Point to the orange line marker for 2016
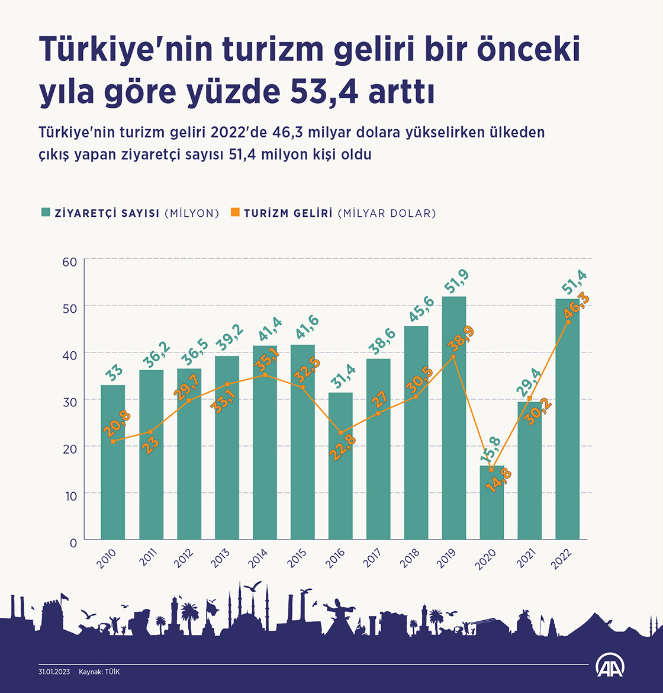coord(340,433)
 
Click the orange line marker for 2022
coord(568,322)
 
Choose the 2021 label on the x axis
coord(526,558)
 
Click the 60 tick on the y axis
coord(70,261)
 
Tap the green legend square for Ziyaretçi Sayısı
coord(45,213)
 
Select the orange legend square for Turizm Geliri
coord(235,213)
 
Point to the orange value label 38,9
coord(461,339)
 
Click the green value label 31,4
coord(343,377)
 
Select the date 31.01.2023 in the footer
coord(54,672)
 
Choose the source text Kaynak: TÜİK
coord(99,672)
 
